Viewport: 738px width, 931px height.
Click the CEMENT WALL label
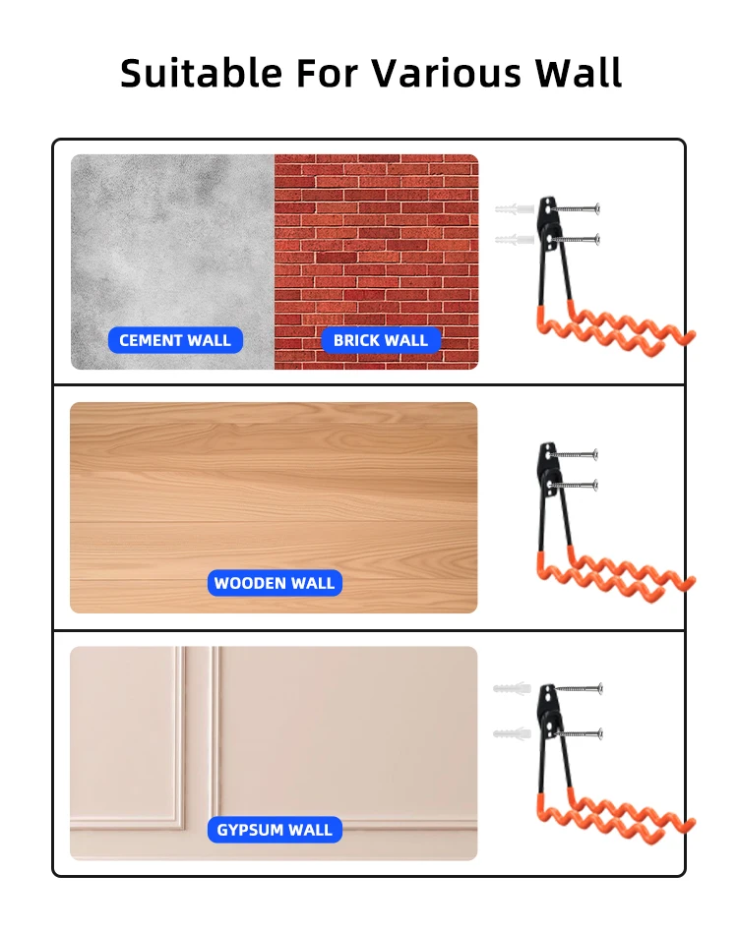pos(175,340)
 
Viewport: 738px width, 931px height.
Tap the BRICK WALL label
pos(381,340)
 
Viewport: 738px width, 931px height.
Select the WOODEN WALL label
pos(275,583)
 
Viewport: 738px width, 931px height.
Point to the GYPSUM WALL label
pos(275,830)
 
